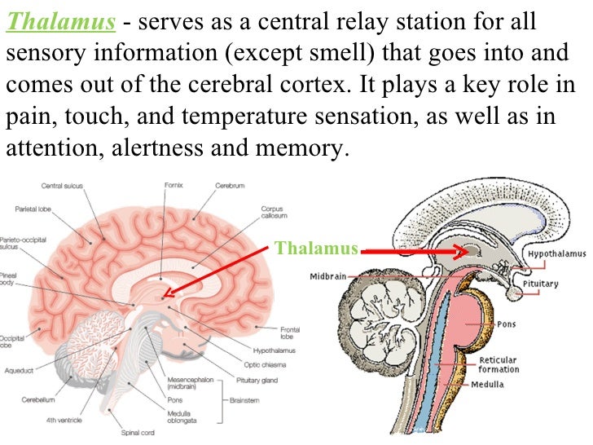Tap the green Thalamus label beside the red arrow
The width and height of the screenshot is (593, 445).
316,247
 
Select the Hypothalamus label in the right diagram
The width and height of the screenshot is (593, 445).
556,254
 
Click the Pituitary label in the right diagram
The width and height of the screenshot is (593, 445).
541,284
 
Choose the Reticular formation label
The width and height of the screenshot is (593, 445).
499,364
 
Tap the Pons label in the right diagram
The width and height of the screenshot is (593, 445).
507,324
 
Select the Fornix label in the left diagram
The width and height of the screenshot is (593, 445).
173,185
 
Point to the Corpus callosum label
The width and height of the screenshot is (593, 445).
272,214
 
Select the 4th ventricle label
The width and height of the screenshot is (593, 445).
65,420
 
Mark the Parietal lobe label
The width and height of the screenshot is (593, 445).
33,209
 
